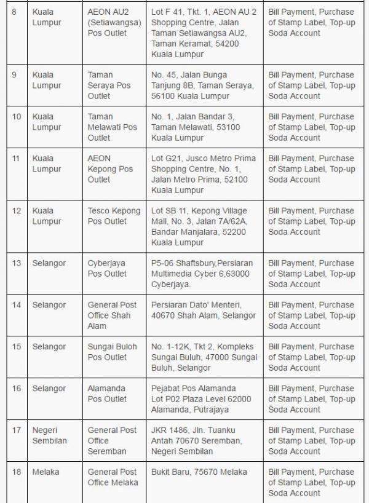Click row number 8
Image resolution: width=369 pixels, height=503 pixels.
[x=15, y=12]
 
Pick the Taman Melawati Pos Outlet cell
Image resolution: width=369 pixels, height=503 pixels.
[x=112, y=127]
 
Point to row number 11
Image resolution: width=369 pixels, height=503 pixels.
[x=17, y=159]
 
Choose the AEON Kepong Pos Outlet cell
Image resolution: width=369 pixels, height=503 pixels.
[x=110, y=169]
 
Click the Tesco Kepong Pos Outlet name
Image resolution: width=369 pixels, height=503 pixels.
[x=114, y=216]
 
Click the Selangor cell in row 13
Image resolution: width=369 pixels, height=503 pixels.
[x=49, y=263]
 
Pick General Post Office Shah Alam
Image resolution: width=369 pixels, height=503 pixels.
[x=112, y=315]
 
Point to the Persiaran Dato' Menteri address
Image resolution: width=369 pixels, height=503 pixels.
[x=203, y=310]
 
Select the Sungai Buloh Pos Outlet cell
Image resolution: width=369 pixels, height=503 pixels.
[x=112, y=352]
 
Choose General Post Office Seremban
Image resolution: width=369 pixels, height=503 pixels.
[x=112, y=440]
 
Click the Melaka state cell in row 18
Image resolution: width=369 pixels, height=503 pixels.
[x=46, y=472]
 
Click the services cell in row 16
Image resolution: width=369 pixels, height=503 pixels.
[x=311, y=399]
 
